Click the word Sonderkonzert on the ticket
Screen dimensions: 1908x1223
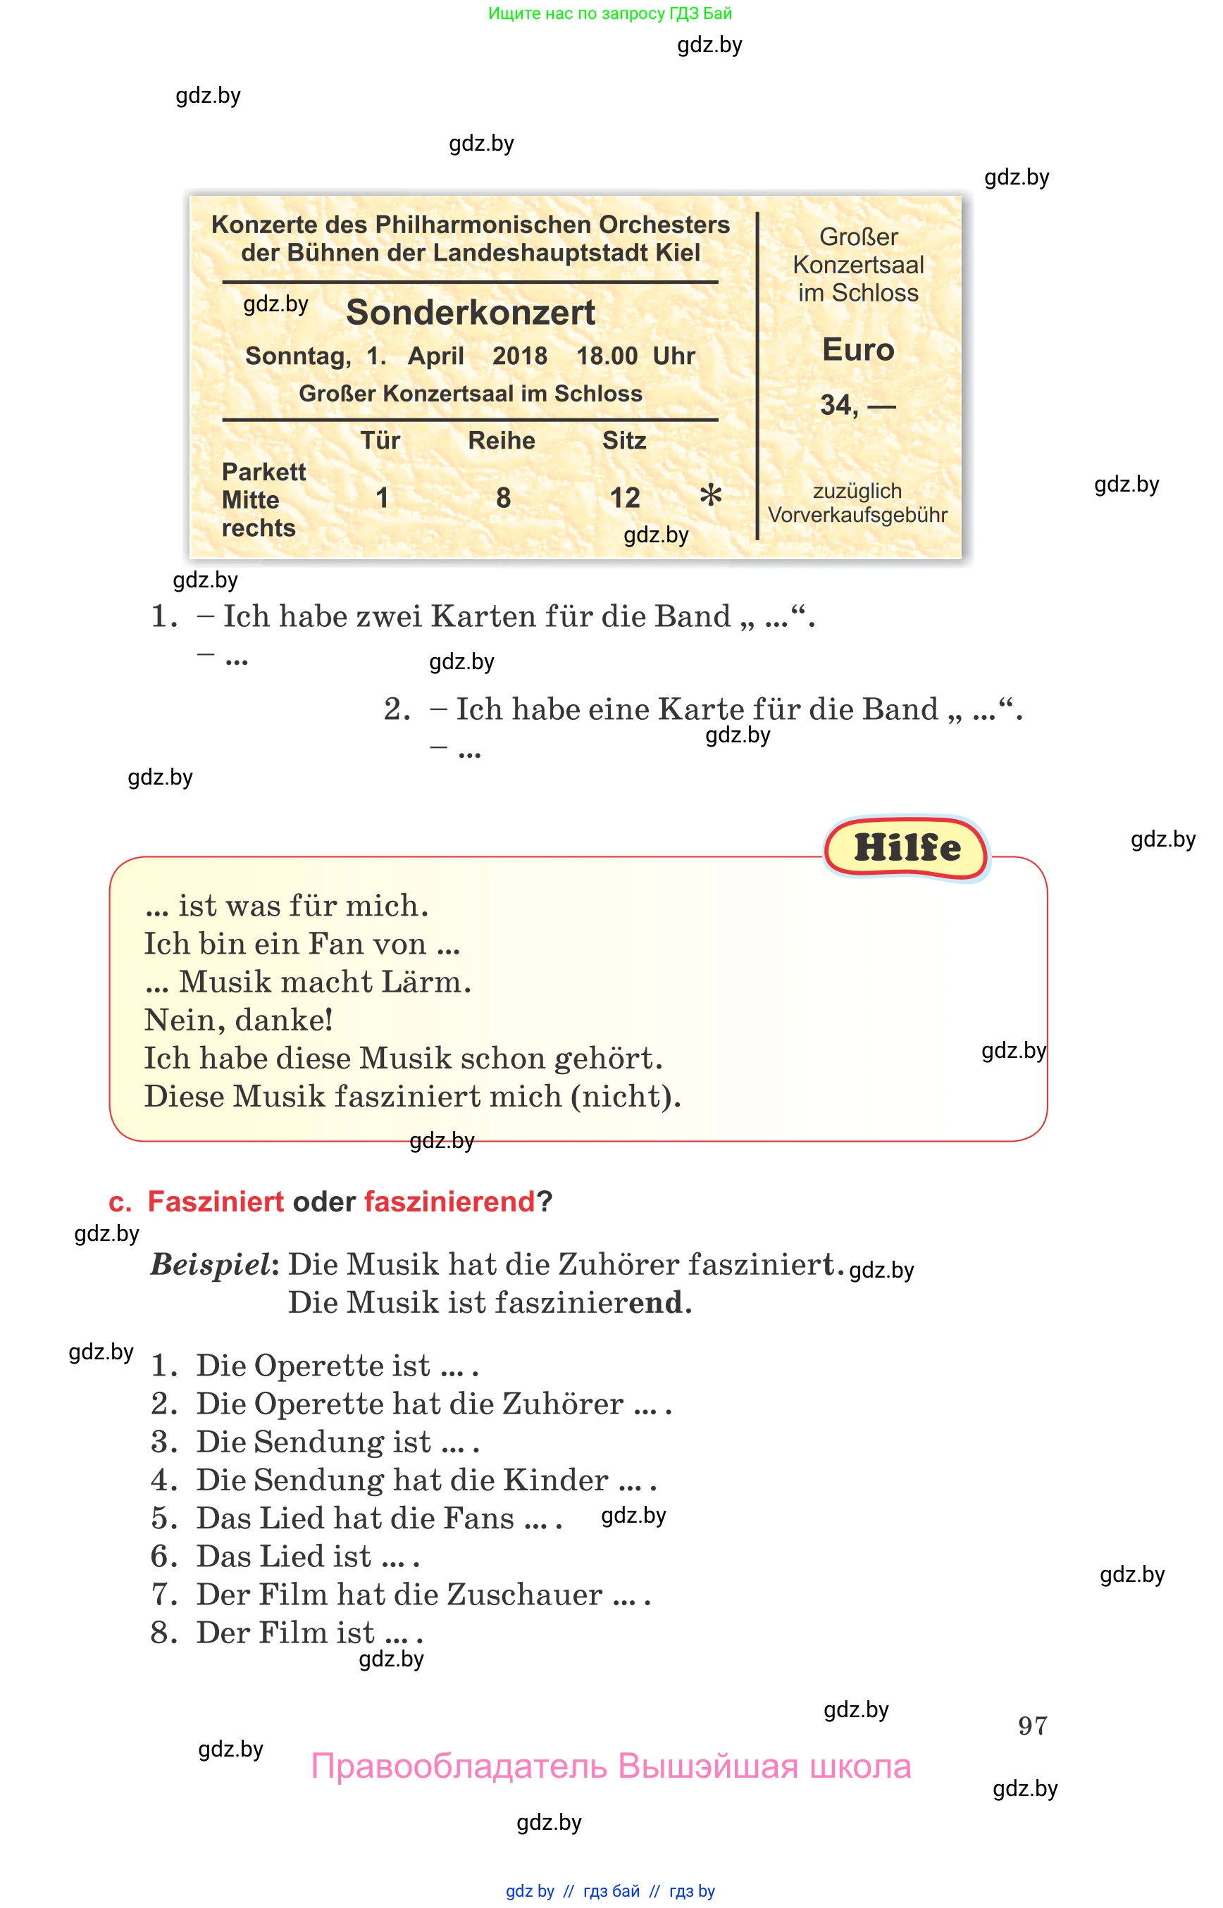pos(470,312)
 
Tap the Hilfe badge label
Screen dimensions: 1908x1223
pos(907,848)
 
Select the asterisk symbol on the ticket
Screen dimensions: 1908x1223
pos(711,494)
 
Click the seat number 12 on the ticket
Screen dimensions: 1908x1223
pos(624,498)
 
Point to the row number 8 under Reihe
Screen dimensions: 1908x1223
pos(503,498)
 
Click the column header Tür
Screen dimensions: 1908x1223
pos(380,441)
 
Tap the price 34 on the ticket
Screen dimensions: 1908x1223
pos(837,405)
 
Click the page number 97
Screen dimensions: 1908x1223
pos(1031,1726)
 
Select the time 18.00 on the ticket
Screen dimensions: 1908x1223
pos(607,356)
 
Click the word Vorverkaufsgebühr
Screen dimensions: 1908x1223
pos(857,516)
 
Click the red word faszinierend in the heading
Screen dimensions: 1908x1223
pos(449,1202)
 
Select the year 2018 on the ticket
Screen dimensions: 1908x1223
pos(519,356)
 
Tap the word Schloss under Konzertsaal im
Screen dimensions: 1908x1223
pos(874,293)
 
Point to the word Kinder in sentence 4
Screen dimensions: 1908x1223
pos(556,1480)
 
